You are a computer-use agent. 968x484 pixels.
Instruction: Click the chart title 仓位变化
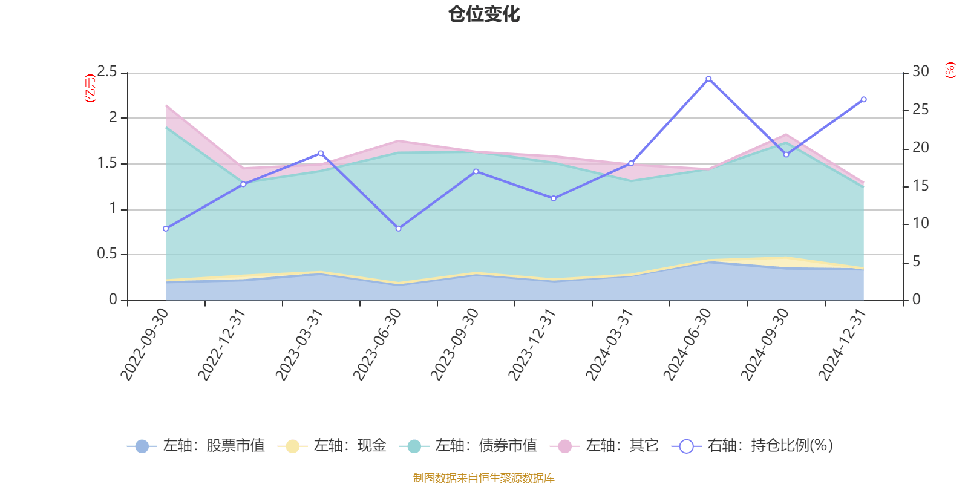(x=484, y=14)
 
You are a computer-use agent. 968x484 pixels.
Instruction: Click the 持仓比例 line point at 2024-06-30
(x=708, y=79)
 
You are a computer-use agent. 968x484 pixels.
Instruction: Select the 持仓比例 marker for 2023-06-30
(x=398, y=229)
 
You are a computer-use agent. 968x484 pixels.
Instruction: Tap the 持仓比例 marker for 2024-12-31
(x=863, y=99)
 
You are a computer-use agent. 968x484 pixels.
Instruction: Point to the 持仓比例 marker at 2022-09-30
(x=166, y=229)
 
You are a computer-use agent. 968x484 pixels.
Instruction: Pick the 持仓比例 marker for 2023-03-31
(x=321, y=153)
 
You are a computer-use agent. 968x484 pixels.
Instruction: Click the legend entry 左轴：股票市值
(x=197, y=446)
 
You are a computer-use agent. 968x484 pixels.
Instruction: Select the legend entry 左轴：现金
(x=332, y=446)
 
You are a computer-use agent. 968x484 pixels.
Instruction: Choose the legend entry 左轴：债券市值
(x=469, y=446)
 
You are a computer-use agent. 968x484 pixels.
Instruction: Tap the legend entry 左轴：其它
(x=604, y=446)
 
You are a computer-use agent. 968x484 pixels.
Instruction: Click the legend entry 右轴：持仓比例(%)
(x=753, y=446)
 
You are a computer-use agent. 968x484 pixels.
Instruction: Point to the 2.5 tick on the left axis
(x=107, y=72)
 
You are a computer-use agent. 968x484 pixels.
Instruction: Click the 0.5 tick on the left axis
(x=107, y=254)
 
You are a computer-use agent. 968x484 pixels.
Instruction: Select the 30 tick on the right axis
(x=921, y=72)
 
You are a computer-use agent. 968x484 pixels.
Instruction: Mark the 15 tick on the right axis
(x=921, y=186)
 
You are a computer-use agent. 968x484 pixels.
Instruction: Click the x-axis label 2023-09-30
(x=455, y=344)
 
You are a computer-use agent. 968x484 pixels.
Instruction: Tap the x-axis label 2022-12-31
(x=223, y=344)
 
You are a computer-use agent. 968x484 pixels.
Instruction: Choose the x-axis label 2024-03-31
(x=610, y=344)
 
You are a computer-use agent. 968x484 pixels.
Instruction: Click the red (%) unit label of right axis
(x=950, y=70)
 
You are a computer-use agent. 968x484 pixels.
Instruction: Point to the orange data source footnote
(x=484, y=478)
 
